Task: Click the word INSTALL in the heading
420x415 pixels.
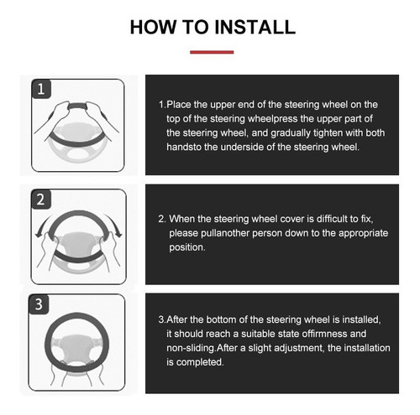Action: [x=255, y=27]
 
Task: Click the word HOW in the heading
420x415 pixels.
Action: [x=154, y=27]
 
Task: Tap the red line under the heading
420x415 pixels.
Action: [x=212, y=52]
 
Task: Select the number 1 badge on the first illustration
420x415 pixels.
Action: [x=41, y=89]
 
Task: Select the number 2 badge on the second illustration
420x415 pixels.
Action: [x=41, y=200]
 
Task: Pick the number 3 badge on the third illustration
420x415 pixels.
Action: [x=39, y=304]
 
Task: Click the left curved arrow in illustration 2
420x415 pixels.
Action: [x=42, y=224]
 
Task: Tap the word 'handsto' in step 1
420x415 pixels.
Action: [x=184, y=147]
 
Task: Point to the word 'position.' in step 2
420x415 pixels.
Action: [x=187, y=247]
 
